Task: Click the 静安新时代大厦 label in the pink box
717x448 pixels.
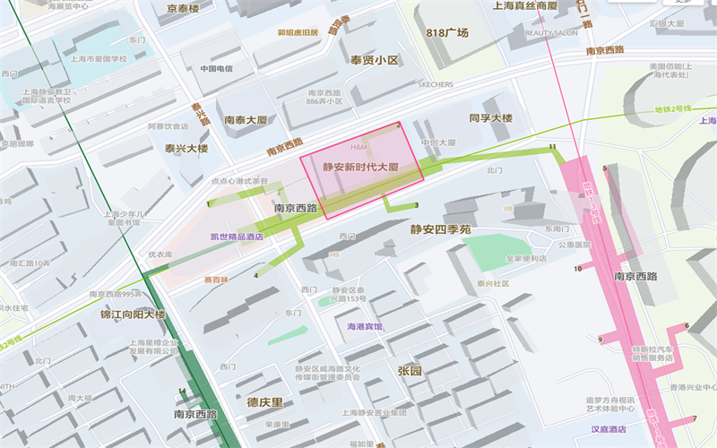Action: (360, 168)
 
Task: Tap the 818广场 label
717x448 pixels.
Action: (447, 33)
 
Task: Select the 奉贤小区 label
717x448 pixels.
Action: (374, 60)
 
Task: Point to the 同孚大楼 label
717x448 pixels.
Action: (490, 118)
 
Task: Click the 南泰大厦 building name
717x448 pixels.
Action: (246, 119)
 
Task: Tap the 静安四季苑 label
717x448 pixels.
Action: (441, 230)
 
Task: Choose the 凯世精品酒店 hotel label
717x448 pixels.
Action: (237, 237)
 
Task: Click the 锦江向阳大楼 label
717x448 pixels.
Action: (133, 314)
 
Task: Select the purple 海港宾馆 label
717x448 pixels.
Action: (365, 327)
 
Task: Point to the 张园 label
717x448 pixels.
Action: (410, 370)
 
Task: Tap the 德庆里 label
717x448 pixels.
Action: (264, 402)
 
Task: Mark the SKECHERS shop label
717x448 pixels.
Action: (436, 84)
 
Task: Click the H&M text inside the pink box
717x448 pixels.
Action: (358, 146)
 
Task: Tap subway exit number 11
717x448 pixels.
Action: (552, 146)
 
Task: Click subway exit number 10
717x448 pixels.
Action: (578, 268)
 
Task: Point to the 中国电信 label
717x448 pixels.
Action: (216, 68)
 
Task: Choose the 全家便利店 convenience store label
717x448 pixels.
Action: (526, 258)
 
